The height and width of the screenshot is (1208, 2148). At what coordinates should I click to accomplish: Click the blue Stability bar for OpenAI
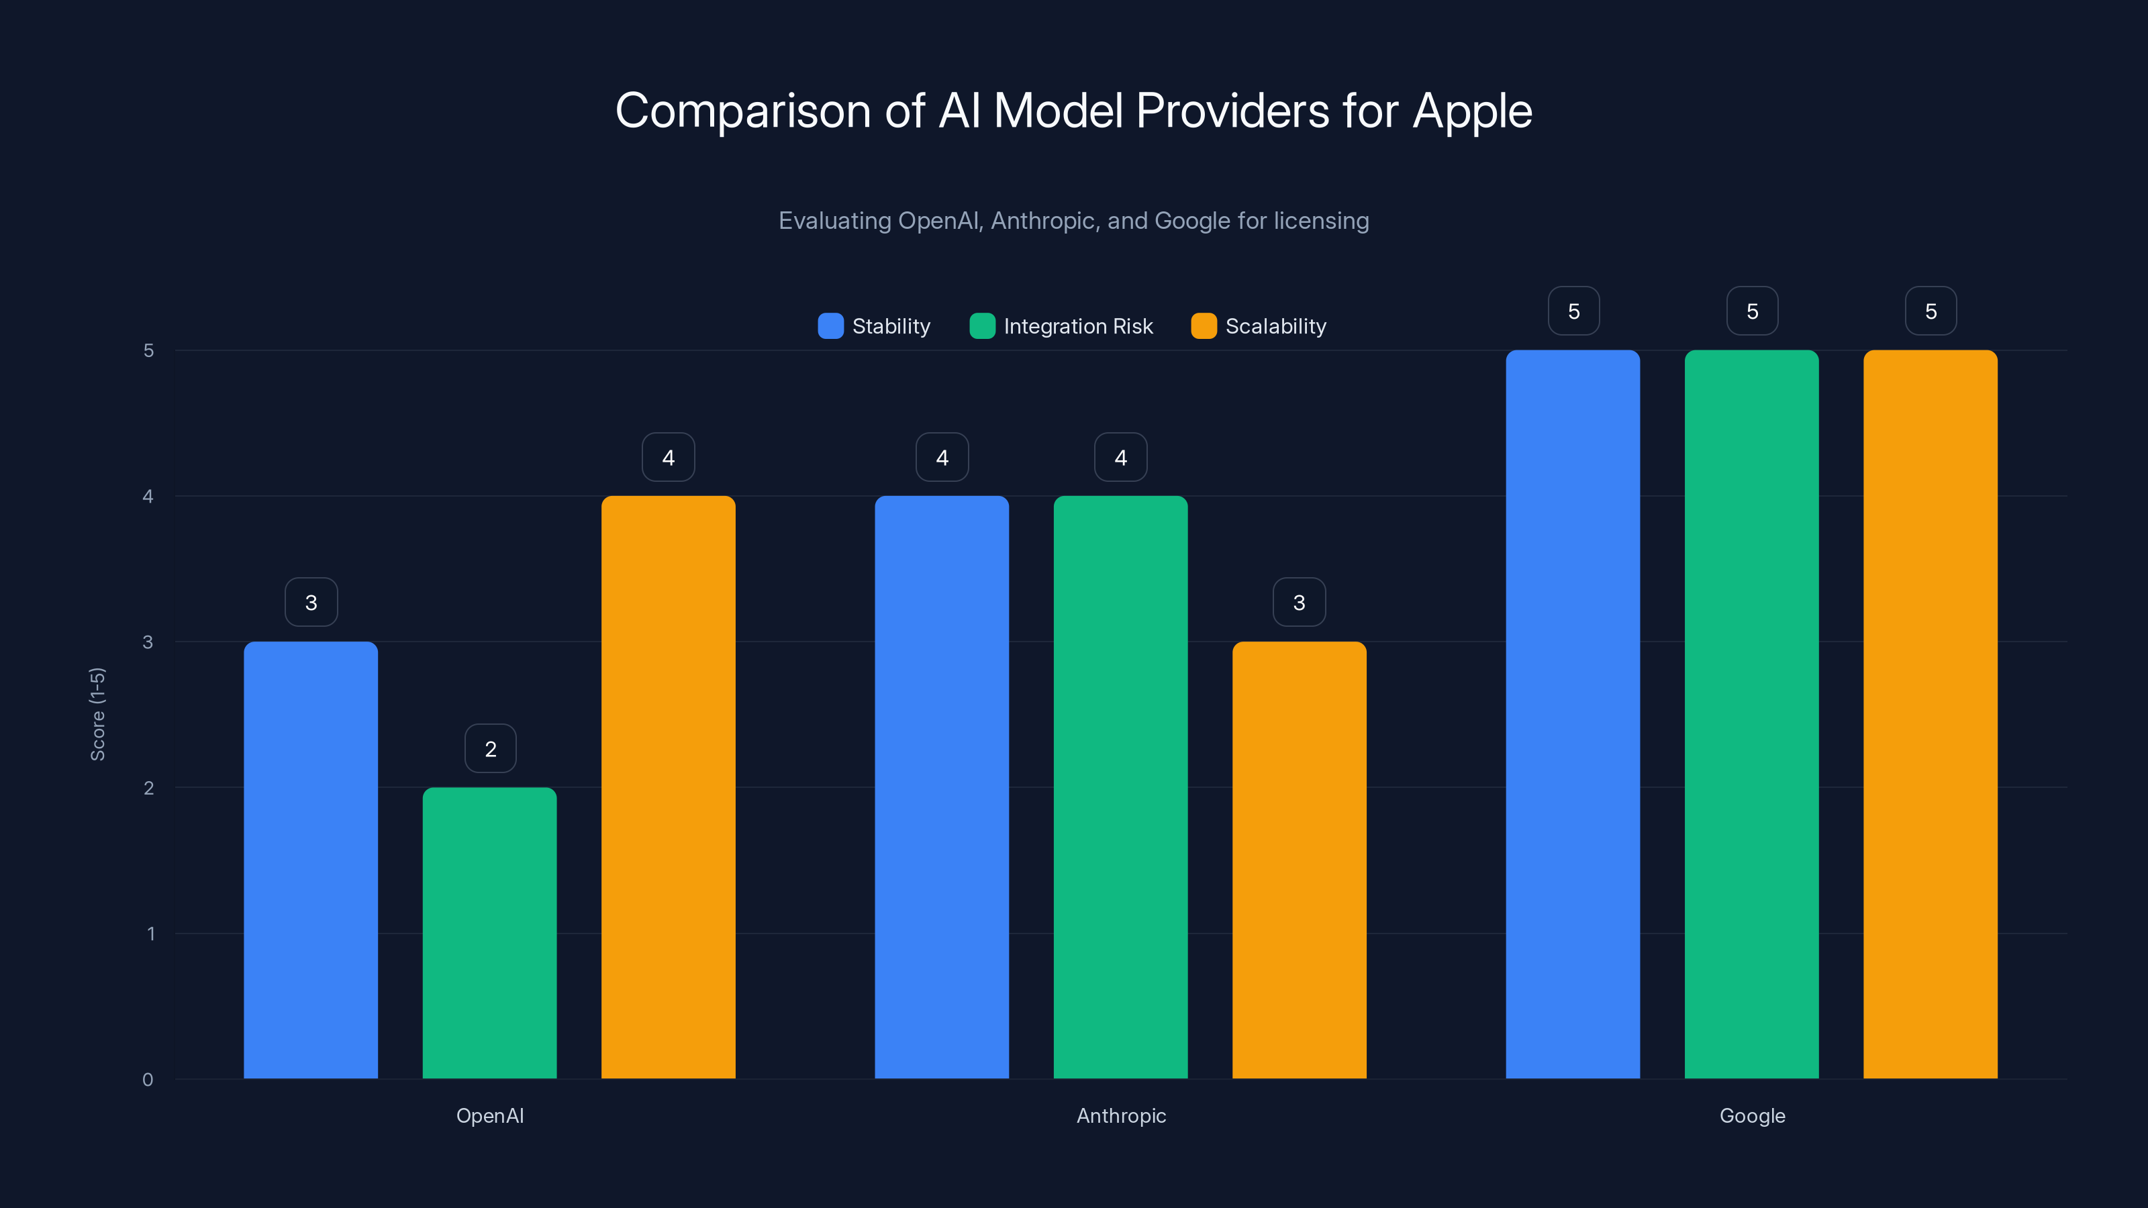(310, 859)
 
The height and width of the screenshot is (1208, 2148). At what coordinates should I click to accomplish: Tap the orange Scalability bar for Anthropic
(1299, 859)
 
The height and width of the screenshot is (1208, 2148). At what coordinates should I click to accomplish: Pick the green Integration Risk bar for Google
(1751, 713)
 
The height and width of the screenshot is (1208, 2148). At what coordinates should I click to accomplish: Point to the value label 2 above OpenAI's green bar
(490, 749)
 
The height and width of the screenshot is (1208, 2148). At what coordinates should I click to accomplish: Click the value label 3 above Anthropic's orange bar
(1299, 602)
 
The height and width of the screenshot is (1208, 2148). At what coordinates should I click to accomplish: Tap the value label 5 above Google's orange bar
(1931, 311)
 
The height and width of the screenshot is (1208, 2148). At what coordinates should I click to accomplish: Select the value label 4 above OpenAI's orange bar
(668, 457)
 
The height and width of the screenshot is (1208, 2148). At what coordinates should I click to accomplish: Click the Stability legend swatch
(830, 326)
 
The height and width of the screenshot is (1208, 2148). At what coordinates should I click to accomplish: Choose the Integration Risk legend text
(1077, 326)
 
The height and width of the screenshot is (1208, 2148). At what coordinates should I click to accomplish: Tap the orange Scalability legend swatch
(1204, 326)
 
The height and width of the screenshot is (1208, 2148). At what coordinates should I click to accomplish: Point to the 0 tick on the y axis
(148, 1080)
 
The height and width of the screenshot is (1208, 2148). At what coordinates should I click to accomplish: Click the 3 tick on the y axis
(148, 642)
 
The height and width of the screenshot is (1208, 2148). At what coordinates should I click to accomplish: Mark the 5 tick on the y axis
(148, 350)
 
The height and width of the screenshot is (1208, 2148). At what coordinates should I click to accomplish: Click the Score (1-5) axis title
(97, 713)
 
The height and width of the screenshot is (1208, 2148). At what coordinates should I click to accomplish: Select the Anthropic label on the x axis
(1121, 1115)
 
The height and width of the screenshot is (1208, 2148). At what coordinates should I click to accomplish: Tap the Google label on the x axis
(1752, 1115)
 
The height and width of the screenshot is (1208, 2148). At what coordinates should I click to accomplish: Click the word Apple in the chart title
(1472, 111)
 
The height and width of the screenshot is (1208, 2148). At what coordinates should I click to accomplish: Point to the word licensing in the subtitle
(1321, 220)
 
